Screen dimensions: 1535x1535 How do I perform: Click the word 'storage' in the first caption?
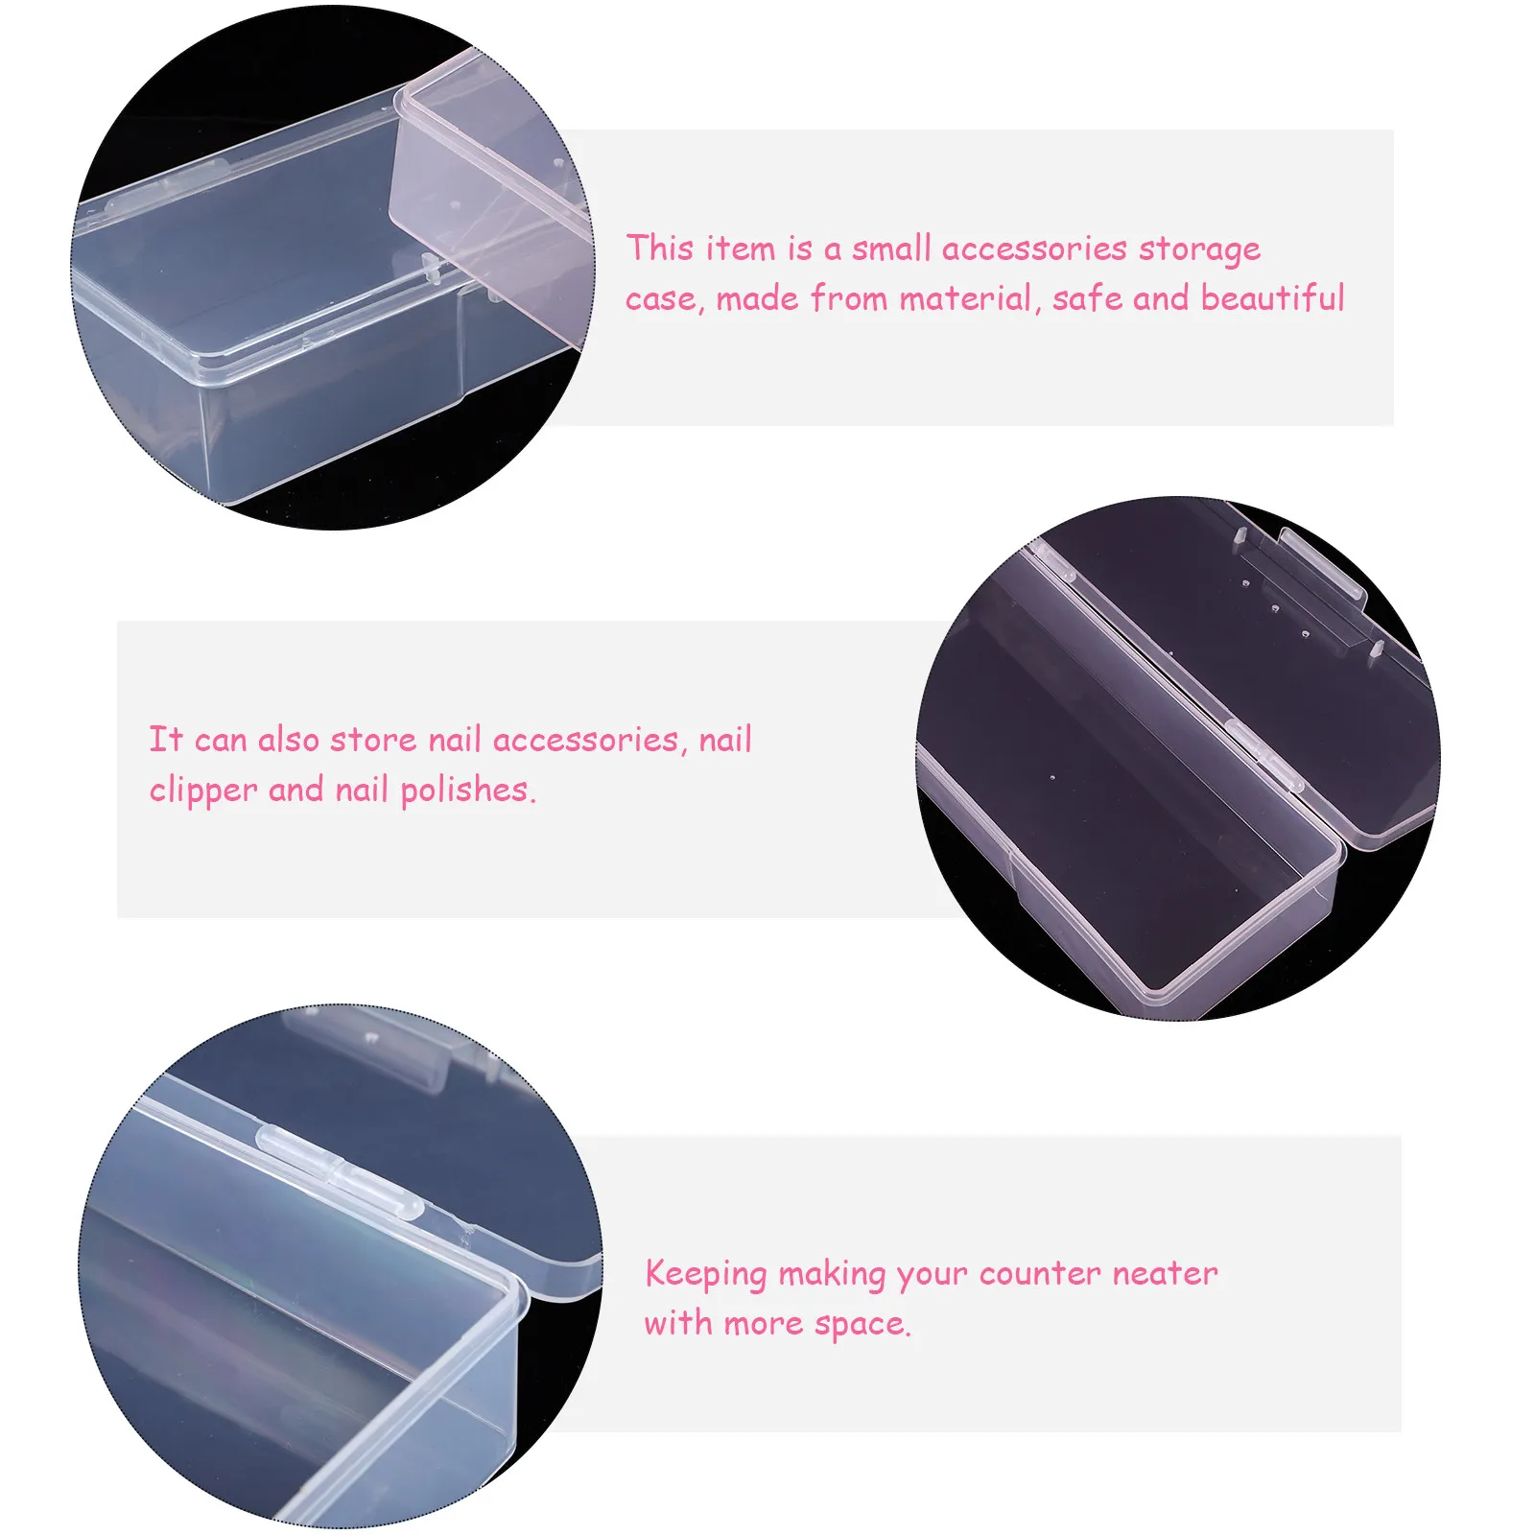click(x=1199, y=249)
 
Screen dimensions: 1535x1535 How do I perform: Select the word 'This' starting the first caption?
click(x=660, y=248)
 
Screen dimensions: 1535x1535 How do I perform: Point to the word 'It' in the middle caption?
click(x=165, y=740)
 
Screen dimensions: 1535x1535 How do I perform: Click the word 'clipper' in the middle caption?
click(x=202, y=791)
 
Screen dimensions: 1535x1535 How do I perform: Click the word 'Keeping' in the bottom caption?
click(x=705, y=1274)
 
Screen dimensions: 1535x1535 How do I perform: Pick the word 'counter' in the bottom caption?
click(x=1040, y=1274)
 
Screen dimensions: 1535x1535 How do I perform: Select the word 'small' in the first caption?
click(x=891, y=248)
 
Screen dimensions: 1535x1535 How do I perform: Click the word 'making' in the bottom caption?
click(x=831, y=1274)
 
